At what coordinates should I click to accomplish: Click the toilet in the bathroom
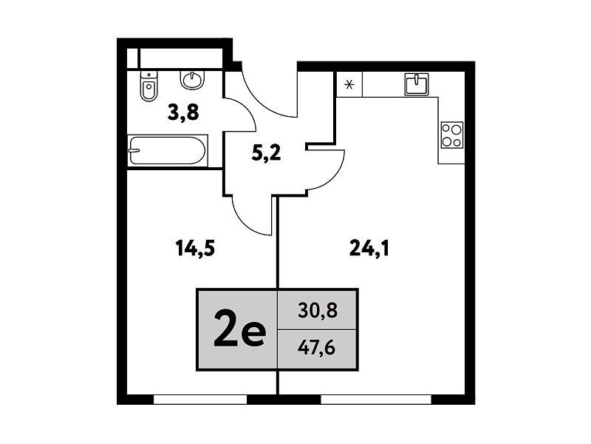point(149,86)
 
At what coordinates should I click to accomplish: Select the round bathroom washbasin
point(193,79)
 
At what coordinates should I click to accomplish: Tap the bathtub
point(168,151)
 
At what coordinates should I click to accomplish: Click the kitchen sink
point(417,84)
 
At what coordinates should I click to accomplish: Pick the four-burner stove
point(452,135)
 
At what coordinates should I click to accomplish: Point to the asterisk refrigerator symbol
point(349,84)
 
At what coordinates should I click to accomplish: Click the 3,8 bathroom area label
point(183,112)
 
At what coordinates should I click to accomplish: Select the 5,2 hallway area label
point(267,153)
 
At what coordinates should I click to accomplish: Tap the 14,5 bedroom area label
point(195,249)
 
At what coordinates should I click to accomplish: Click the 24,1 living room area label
point(369,249)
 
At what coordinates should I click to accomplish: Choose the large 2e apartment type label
point(239,329)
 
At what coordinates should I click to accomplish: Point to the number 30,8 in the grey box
point(318,311)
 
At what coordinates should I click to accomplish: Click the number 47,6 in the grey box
point(317,347)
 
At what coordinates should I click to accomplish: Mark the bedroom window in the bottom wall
point(200,400)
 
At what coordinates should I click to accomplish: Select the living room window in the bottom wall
point(376,400)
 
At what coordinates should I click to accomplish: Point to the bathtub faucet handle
point(134,150)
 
